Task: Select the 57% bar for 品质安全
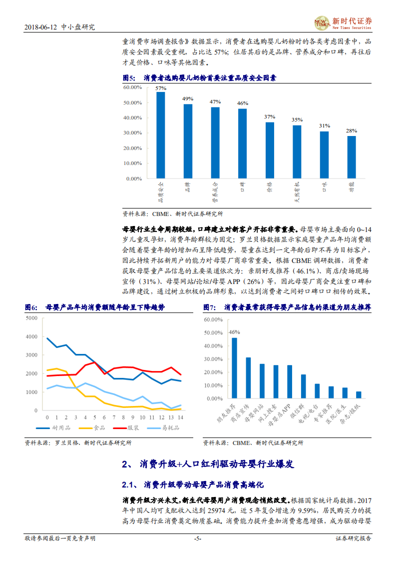160,135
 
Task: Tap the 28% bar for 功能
352,157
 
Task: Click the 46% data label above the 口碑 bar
242,103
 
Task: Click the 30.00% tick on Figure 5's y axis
132,133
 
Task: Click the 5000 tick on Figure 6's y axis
31,318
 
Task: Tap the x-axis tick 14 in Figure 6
180,417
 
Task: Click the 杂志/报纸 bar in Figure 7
359,395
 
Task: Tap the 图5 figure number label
129,78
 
